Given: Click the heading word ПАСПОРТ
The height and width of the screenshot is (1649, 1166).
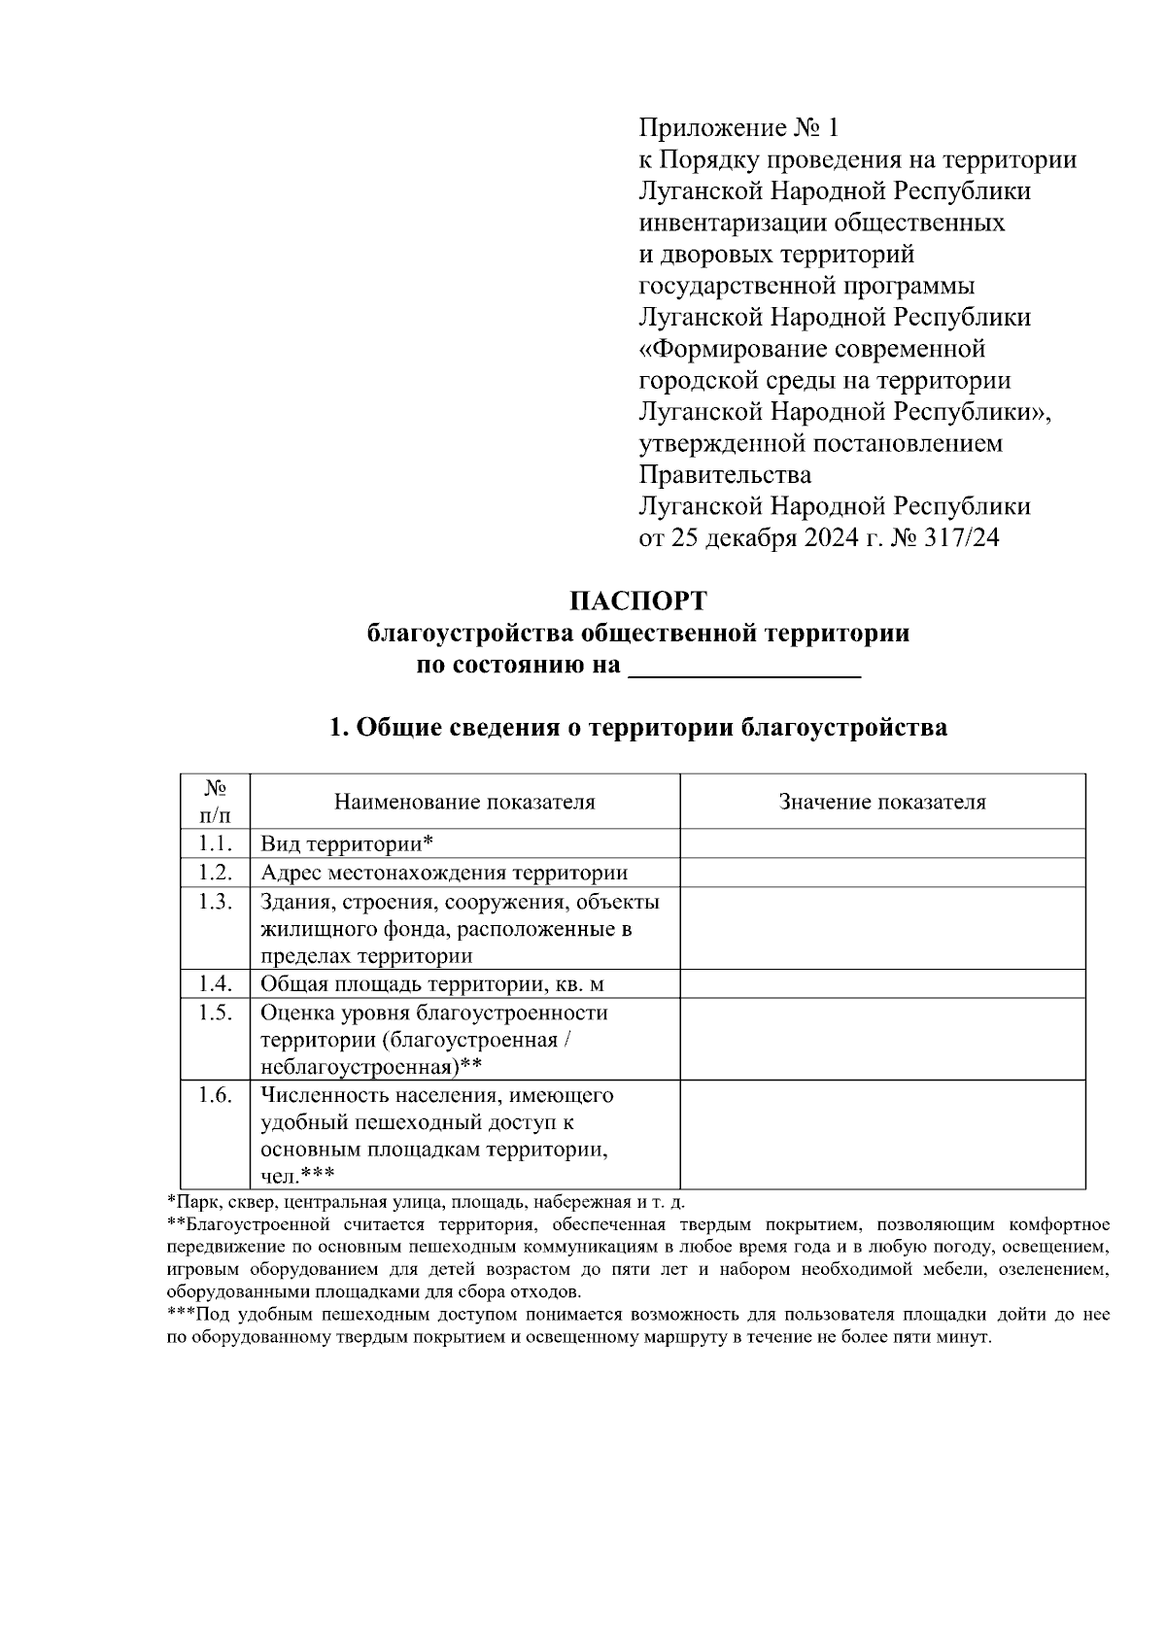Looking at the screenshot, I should [x=637, y=600].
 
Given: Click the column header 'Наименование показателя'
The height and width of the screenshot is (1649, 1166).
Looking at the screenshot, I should [x=464, y=803].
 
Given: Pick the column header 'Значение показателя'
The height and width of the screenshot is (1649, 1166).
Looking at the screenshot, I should [x=882, y=803].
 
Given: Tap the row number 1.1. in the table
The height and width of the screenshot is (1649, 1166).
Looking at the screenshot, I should [x=215, y=843].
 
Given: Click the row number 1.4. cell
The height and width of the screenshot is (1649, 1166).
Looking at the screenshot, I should [x=215, y=984].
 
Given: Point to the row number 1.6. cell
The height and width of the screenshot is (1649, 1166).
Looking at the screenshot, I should [x=215, y=1095].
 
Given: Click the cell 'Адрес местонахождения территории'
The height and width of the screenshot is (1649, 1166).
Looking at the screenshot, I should [x=443, y=873].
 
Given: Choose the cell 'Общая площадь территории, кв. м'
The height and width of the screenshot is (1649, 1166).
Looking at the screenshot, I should [x=431, y=984].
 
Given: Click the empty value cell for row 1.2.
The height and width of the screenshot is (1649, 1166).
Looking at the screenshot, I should [x=882, y=873].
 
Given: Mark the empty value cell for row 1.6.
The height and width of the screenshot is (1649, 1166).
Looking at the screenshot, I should [x=882, y=1135].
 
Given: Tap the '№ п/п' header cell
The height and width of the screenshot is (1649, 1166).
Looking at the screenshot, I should [x=215, y=803].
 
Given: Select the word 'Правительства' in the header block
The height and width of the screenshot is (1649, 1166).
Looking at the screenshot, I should [x=725, y=475].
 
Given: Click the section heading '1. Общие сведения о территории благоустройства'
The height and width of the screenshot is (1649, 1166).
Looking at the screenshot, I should [x=637, y=728].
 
